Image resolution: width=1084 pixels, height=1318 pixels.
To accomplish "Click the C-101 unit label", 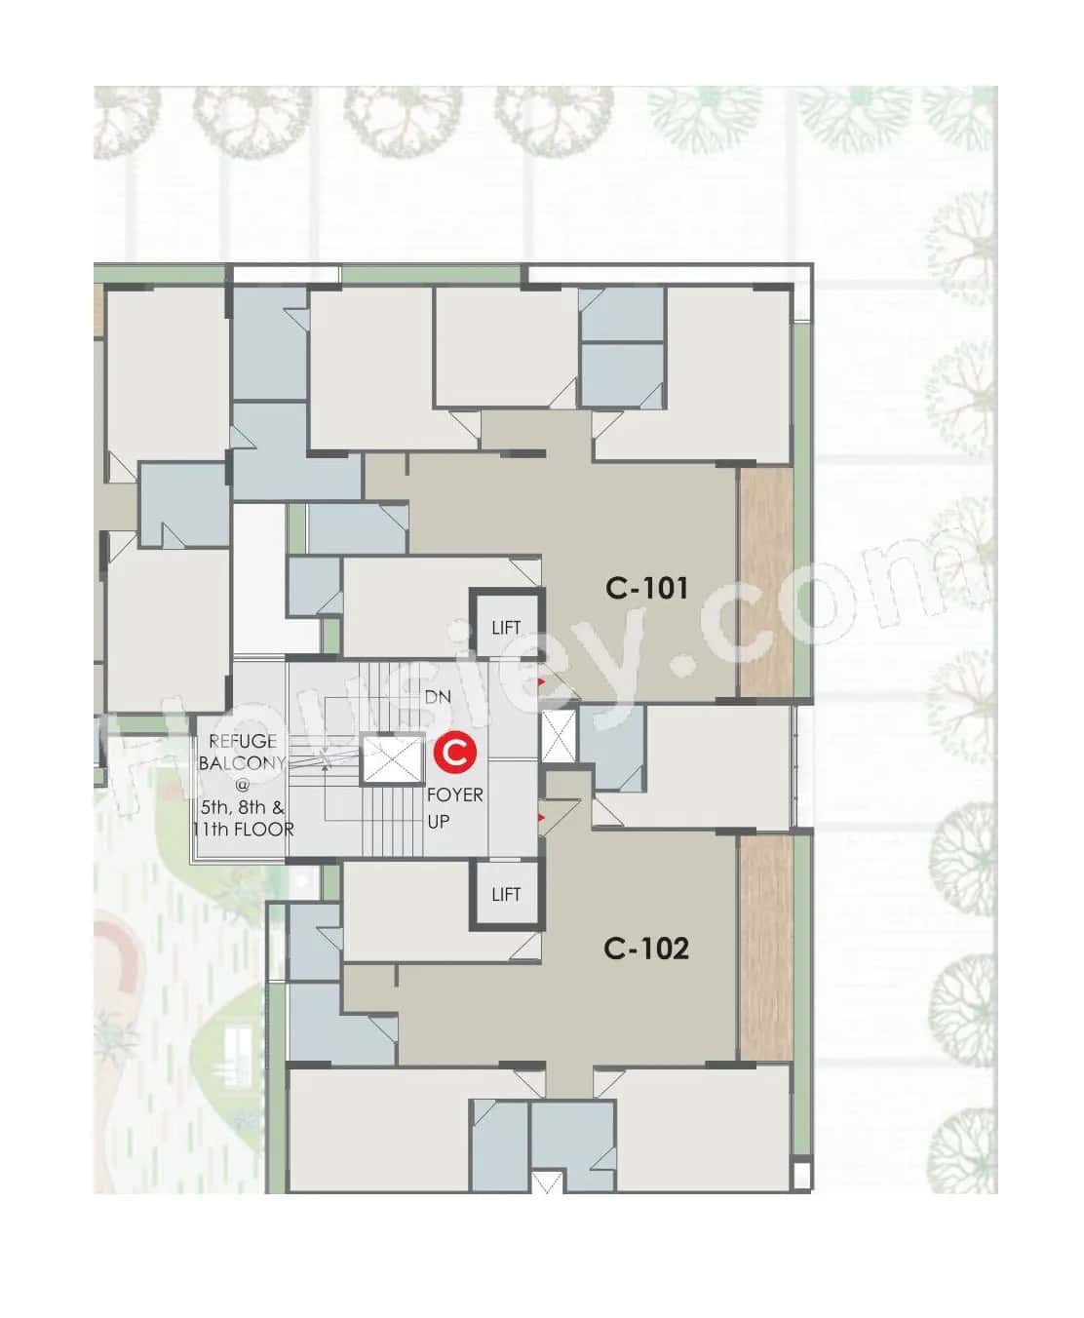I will (x=646, y=588).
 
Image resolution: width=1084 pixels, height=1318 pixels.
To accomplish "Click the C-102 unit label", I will (x=646, y=948).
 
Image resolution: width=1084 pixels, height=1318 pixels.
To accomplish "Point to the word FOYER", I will (x=455, y=795).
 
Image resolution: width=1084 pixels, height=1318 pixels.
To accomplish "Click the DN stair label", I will (x=438, y=697).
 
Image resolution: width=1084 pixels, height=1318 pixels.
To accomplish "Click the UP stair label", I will (x=439, y=821).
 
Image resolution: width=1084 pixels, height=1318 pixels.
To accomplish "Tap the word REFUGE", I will (x=243, y=742).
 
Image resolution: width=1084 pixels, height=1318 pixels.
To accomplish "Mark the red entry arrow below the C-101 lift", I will (x=541, y=681).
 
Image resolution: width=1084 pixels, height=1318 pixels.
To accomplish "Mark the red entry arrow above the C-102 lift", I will (x=541, y=815).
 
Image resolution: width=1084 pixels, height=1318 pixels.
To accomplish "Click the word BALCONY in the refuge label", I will (x=243, y=763).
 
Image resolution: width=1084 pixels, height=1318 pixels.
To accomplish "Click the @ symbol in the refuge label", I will (x=243, y=785).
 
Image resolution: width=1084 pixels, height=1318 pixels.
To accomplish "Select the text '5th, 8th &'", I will (x=243, y=807).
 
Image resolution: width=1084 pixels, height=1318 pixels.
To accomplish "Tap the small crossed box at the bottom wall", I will (x=548, y=1182).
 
